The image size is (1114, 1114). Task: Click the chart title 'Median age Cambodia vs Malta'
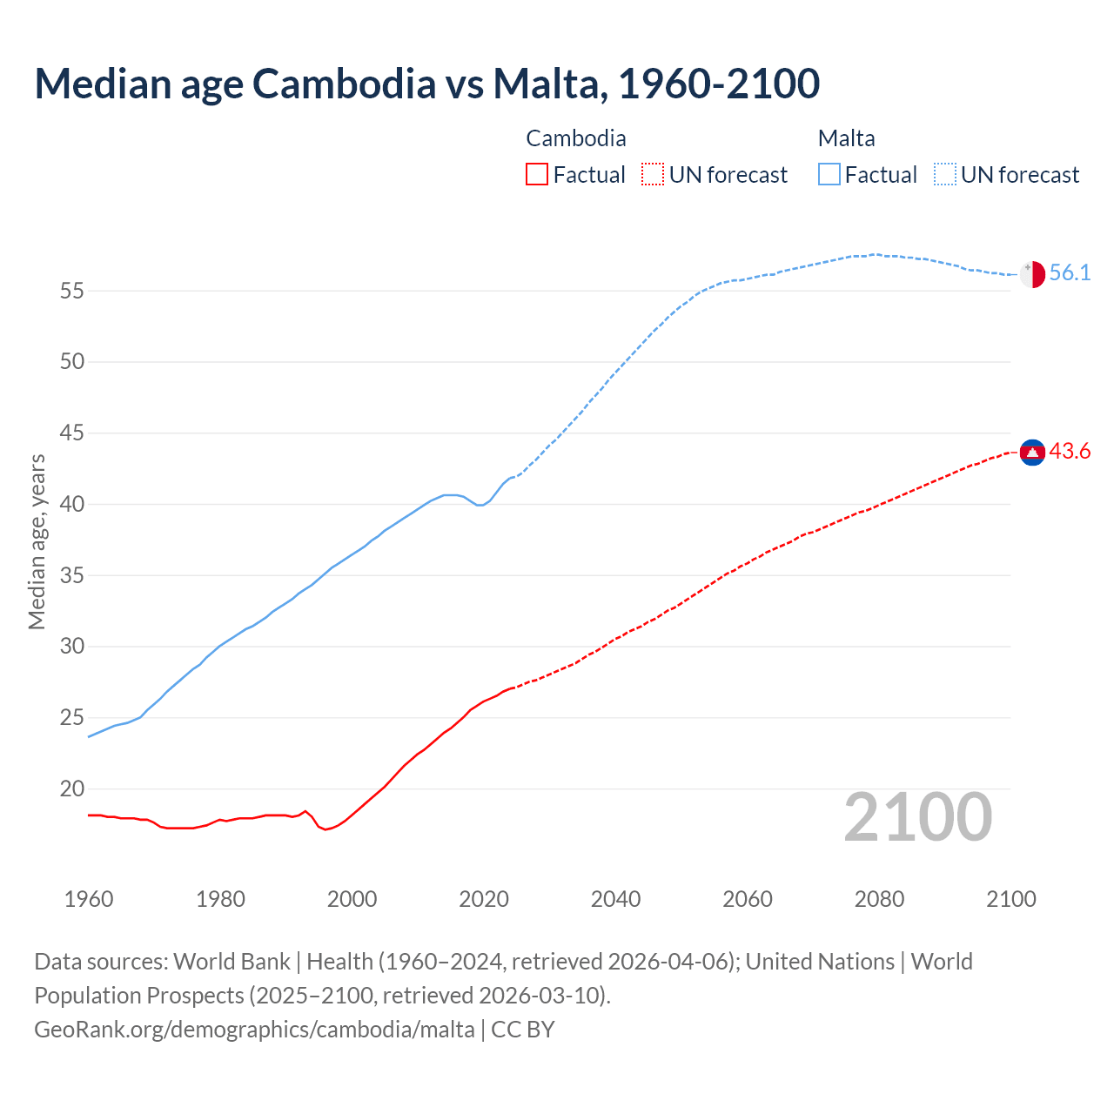pos(426,84)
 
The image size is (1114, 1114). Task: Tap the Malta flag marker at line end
pos(1032,273)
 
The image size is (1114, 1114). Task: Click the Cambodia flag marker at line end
pos(1032,452)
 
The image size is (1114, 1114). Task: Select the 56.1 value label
pos(1070,273)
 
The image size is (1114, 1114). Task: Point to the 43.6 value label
pos(1070,452)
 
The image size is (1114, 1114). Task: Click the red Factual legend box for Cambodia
pos(537,175)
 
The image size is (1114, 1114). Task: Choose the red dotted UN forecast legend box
pos(653,175)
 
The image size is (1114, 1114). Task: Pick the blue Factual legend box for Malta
pos(829,175)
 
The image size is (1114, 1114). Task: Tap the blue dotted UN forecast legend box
pos(945,175)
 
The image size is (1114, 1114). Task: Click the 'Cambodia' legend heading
pos(575,138)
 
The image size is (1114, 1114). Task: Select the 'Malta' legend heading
pos(846,138)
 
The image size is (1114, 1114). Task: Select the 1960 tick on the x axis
pos(89,899)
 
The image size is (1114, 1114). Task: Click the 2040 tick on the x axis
pos(615,899)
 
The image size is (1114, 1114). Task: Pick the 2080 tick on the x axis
pos(879,899)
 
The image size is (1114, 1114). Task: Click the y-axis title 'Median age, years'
pos(37,541)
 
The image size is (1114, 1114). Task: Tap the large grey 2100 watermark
pos(918,817)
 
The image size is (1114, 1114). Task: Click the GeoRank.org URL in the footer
pos(254,1030)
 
